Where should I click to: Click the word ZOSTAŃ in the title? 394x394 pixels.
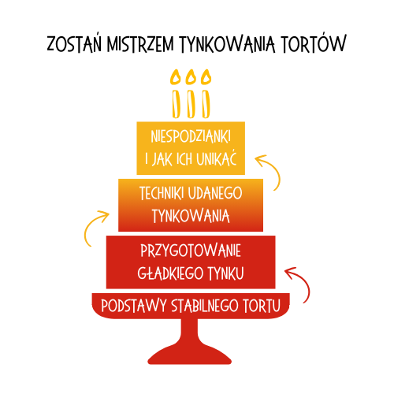point(74,43)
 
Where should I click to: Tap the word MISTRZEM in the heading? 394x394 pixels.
point(140,43)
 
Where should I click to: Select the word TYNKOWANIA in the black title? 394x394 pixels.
point(227,43)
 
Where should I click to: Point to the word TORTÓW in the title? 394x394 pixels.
point(314,43)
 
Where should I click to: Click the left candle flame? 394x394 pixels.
point(175,76)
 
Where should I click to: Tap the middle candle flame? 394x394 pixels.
point(191,76)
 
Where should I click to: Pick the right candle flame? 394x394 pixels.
point(206,76)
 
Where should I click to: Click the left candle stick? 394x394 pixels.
point(176,104)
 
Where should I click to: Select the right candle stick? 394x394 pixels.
point(206,104)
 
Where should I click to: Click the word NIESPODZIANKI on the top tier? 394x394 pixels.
point(191,136)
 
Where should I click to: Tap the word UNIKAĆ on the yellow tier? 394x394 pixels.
point(217,158)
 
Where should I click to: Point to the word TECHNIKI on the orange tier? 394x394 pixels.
point(162,193)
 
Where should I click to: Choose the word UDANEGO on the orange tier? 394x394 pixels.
point(215,193)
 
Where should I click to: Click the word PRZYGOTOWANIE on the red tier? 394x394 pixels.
point(191,251)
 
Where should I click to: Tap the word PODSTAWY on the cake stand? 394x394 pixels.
point(134,306)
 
